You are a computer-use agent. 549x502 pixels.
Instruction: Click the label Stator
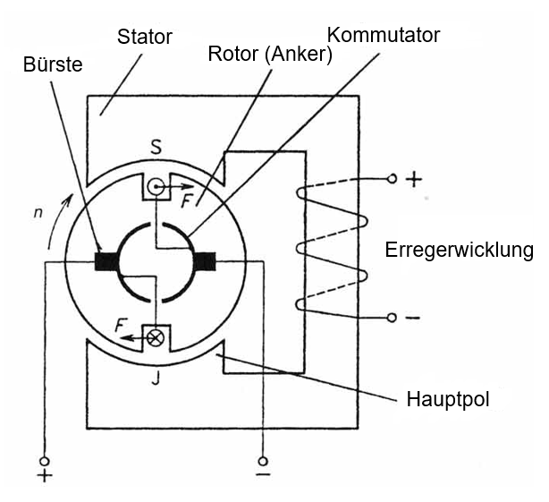[x=145, y=38]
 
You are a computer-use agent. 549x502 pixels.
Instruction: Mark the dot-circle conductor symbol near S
[x=156, y=187]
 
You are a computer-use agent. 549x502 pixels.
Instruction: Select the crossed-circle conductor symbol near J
[x=156, y=337]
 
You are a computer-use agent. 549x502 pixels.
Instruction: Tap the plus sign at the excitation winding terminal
[x=413, y=179]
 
